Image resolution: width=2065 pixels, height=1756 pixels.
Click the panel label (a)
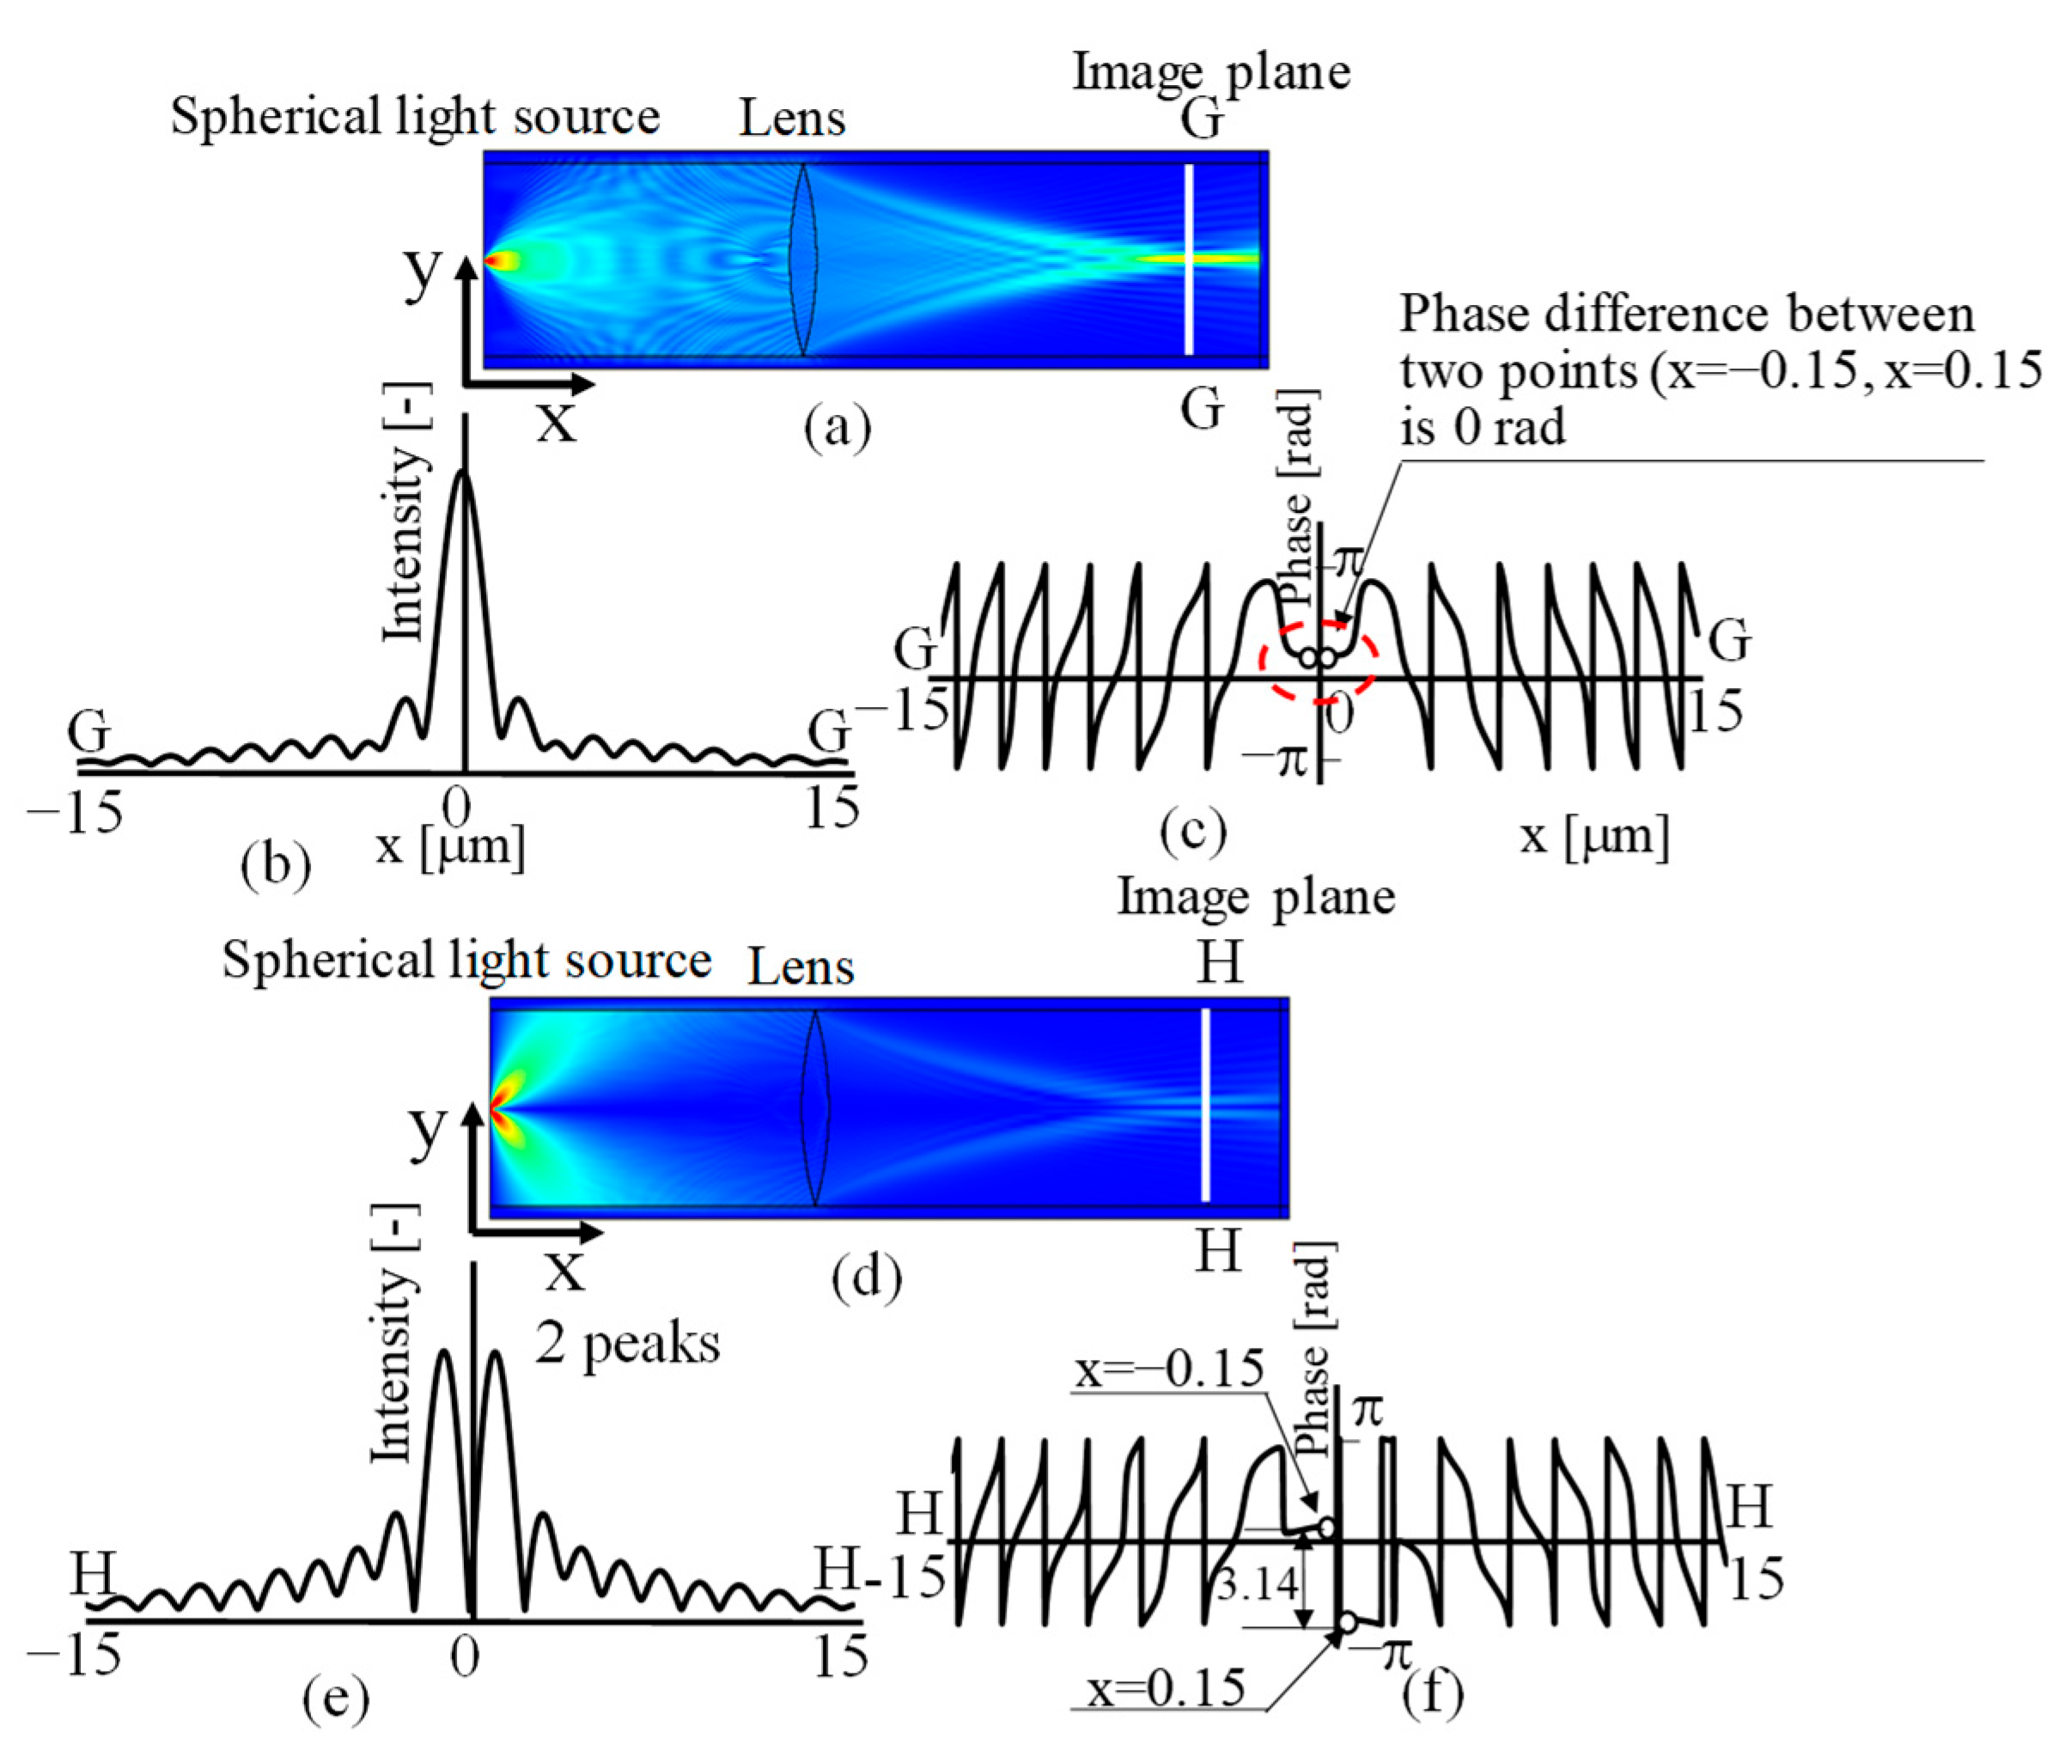pyautogui.click(x=837, y=427)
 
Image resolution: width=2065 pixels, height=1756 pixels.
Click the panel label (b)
pyautogui.click(x=276, y=864)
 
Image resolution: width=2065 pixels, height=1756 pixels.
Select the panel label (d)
pyautogui.click(x=866, y=1276)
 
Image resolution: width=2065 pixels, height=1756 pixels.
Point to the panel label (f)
pyautogui.click(x=1433, y=1693)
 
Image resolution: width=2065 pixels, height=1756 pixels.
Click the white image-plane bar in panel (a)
pyautogui.click(x=1188, y=259)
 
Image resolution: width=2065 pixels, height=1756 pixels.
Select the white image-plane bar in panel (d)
pyautogui.click(x=1206, y=1105)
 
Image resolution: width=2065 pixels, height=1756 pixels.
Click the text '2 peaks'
pyautogui.click(x=627, y=1344)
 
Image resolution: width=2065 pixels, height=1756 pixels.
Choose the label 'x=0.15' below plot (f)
pyautogui.click(x=1166, y=1688)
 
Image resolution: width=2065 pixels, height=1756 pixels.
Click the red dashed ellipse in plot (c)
pyautogui.click(x=1319, y=660)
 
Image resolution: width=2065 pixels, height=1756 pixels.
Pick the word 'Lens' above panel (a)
pyautogui.click(x=791, y=119)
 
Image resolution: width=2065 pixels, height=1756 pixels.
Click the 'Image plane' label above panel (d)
pyautogui.click(x=1256, y=896)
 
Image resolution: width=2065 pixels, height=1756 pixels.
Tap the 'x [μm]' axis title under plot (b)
pyautogui.click(x=450, y=846)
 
